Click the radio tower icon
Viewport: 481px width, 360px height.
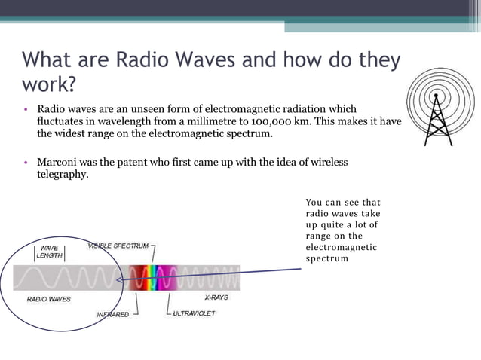tap(440, 114)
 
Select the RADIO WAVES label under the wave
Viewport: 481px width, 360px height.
tap(48, 299)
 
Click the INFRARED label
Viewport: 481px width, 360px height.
tap(112, 314)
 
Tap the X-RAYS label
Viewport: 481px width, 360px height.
tap(216, 297)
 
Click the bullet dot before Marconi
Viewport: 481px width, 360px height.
tap(26, 163)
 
